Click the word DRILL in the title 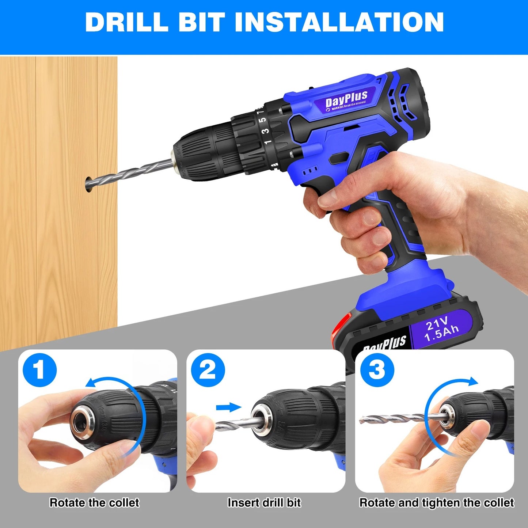point(126,22)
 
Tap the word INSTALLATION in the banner point(339,22)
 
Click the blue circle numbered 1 point(39,370)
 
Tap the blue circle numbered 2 point(208,370)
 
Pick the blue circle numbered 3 point(377,370)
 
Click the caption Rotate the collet point(94,503)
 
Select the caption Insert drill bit point(264,503)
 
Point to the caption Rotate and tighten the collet point(437,503)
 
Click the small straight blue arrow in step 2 point(228,407)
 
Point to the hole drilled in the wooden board point(89,185)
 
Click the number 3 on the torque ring point(266,130)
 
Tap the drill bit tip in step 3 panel point(362,421)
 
